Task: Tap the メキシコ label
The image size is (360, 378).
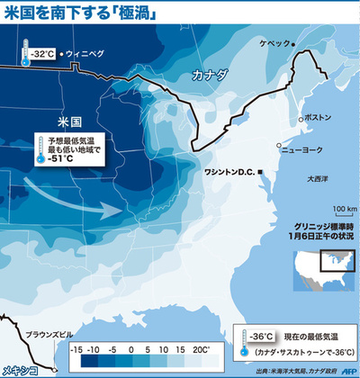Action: coord(18,369)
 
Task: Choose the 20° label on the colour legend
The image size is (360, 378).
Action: coord(203,346)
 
